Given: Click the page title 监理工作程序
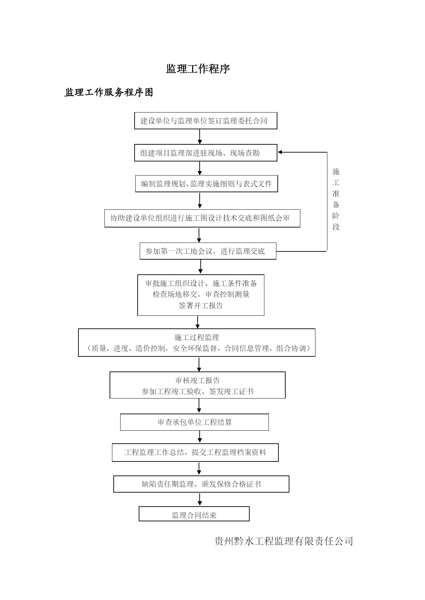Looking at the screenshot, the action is click(x=198, y=69).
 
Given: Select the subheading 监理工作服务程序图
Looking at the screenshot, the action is click(x=109, y=92).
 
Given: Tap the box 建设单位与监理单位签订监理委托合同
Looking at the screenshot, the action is click(x=205, y=121).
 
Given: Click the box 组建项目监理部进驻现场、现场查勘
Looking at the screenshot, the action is click(x=205, y=153).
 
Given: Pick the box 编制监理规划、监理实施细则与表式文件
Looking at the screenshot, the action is click(x=207, y=184).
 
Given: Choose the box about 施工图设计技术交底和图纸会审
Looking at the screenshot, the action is click(x=202, y=218).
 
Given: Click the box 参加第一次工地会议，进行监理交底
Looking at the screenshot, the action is click(x=208, y=251).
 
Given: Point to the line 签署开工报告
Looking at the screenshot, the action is click(x=201, y=305).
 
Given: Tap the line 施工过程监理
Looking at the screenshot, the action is click(x=197, y=337).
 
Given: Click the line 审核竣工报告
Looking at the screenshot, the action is click(x=198, y=380).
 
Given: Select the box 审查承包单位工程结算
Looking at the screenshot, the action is click(x=195, y=422).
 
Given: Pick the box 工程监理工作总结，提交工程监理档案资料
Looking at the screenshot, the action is click(x=195, y=453).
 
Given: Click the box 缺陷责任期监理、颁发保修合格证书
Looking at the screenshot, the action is click(x=201, y=484).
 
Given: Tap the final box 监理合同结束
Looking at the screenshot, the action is click(x=194, y=514).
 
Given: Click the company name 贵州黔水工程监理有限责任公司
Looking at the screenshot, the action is click(x=284, y=541).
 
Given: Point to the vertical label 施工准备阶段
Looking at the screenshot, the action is click(x=336, y=199).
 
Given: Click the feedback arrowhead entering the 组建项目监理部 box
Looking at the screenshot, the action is click(x=280, y=152).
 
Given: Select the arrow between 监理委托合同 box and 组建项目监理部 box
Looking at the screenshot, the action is click(x=200, y=136).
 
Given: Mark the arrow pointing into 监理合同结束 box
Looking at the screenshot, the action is click(x=200, y=499).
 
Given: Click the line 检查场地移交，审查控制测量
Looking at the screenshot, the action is click(x=201, y=294).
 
